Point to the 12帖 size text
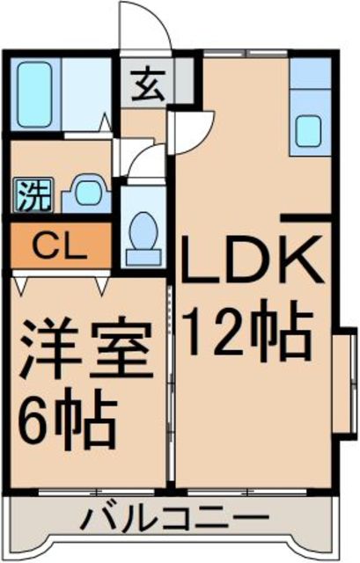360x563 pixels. [247, 327]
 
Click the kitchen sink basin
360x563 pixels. [310, 131]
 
